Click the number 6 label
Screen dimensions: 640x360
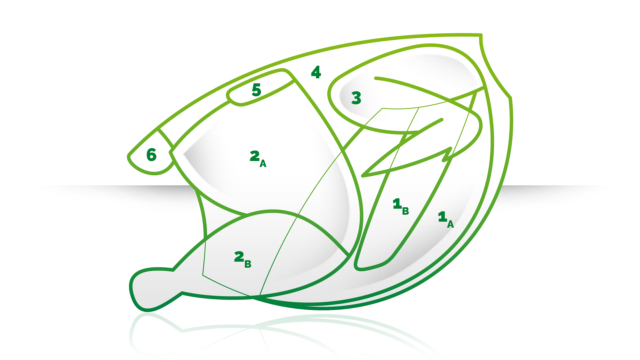click(x=151, y=155)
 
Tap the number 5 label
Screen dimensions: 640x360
click(x=256, y=90)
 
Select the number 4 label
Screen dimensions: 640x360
click(x=316, y=72)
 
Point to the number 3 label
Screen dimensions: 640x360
click(x=356, y=98)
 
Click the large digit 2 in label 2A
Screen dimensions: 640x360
click(x=255, y=156)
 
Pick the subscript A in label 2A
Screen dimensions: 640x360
click(x=263, y=164)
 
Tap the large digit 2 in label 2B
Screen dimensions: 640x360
click(x=239, y=257)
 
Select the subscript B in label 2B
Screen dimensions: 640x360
click(x=248, y=264)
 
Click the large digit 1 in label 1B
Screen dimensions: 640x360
click(x=397, y=203)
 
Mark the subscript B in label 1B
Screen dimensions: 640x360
click(x=405, y=211)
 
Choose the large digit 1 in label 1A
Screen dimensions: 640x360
click(x=442, y=217)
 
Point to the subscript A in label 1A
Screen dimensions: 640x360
click(x=450, y=224)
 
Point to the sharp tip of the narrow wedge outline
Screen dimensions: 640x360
click(x=363, y=176)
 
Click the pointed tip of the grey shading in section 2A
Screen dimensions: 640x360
click(x=184, y=154)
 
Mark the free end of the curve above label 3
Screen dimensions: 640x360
click(x=376, y=78)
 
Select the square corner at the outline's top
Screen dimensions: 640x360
click(x=481, y=35)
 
